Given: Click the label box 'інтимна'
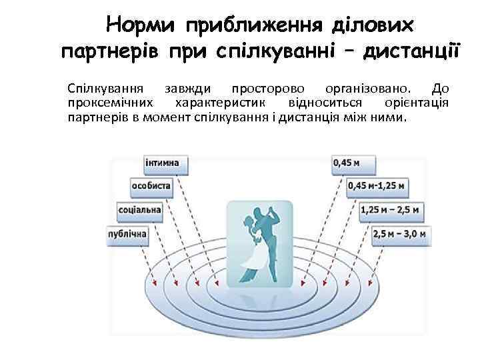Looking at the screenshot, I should (x=165, y=162).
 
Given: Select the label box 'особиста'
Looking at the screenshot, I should (x=151, y=186).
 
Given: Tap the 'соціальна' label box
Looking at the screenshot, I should (x=138, y=210).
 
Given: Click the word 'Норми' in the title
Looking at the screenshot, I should (x=141, y=25).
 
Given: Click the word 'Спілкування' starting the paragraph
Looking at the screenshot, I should (x=105, y=89).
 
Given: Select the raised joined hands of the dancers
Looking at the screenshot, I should (x=273, y=206).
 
